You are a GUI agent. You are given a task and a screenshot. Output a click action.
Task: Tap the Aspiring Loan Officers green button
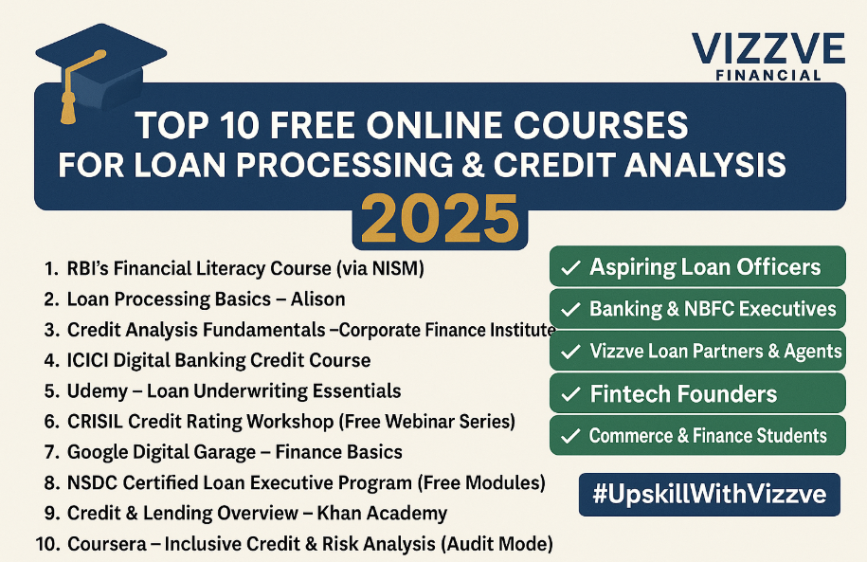[x=697, y=266]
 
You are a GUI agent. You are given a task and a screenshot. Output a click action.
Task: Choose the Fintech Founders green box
[x=697, y=393]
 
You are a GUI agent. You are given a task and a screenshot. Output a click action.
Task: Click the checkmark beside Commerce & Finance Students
[x=570, y=437]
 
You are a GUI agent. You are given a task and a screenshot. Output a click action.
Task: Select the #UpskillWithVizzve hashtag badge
[x=709, y=494]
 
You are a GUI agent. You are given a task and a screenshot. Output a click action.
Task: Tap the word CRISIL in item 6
[x=98, y=422]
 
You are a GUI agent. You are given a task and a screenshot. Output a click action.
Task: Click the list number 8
[x=50, y=482]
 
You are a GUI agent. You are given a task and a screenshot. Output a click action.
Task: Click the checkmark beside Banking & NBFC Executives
[x=570, y=309]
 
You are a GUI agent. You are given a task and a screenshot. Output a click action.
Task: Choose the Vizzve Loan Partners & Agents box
[x=697, y=351]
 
